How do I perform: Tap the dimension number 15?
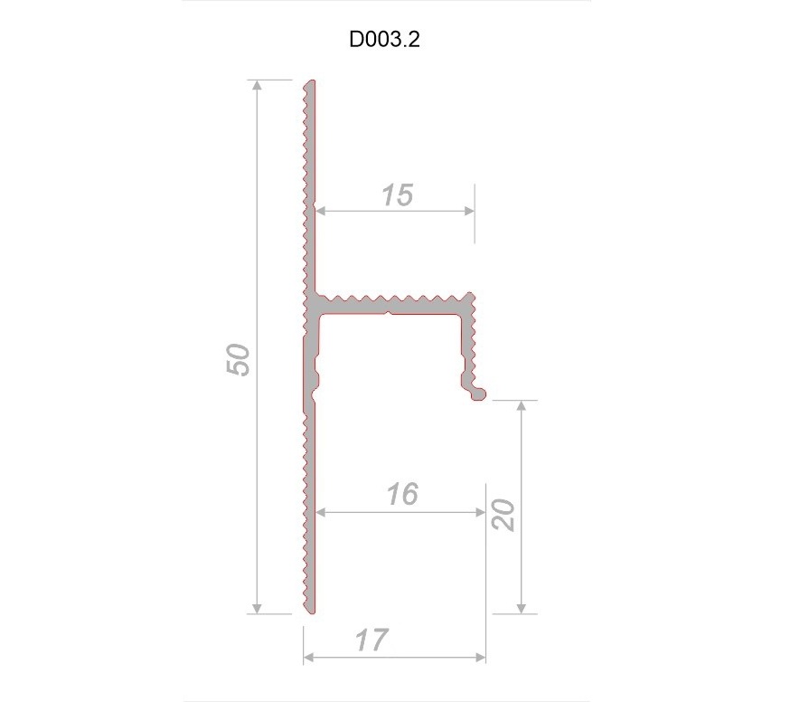pos(396,194)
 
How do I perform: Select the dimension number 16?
pos(401,495)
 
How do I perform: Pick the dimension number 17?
pos(371,640)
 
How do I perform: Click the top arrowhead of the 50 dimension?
pos(258,85)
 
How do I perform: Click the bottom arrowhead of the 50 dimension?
pos(258,607)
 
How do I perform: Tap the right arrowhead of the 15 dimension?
pos(468,211)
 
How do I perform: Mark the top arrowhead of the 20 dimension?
pos(521,405)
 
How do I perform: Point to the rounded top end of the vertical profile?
pos(310,83)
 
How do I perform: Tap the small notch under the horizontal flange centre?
pos(388,316)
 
